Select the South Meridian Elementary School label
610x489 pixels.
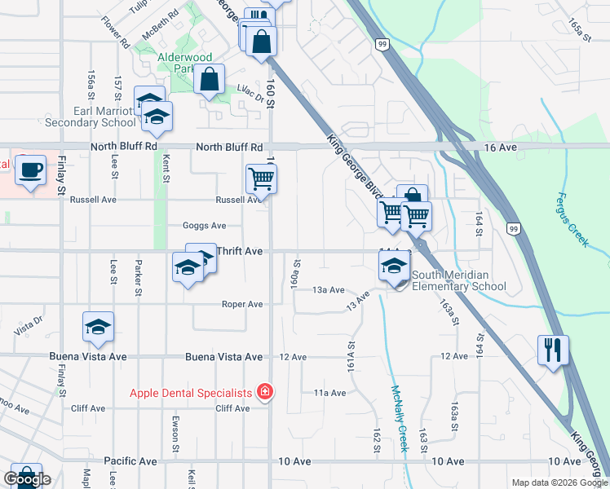458,280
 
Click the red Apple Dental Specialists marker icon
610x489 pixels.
264,393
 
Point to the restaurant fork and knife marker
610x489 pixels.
553,350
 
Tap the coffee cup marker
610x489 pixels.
31,170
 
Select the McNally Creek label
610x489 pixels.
399,418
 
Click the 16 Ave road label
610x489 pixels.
500,148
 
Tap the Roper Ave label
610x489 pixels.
243,304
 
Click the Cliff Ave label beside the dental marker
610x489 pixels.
231,408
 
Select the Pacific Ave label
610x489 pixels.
130,461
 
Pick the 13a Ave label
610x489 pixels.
329,290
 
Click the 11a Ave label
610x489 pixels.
329,393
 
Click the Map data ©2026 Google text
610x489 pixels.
559,482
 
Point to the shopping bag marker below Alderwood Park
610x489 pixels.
210,80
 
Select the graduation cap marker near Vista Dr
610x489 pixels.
98,327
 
